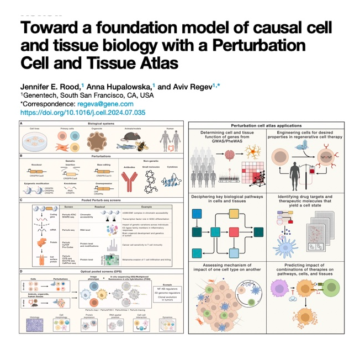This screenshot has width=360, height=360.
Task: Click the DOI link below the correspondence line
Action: [83, 112]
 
